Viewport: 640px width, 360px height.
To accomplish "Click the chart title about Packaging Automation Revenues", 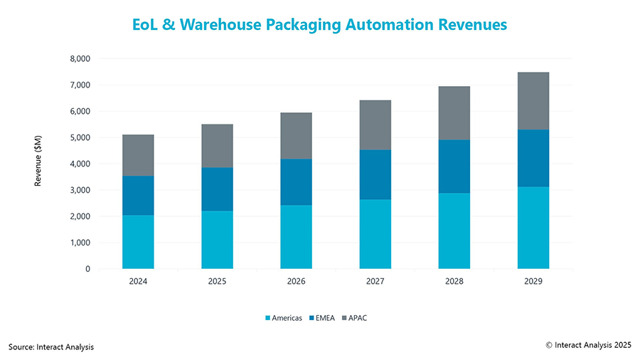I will tap(319, 24).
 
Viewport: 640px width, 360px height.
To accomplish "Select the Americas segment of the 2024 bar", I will tap(138, 242).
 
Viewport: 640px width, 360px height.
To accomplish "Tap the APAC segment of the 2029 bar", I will tap(533, 101).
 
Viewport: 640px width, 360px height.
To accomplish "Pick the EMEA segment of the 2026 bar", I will tap(296, 182).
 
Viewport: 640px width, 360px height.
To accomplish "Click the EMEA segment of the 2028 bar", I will tap(454, 166).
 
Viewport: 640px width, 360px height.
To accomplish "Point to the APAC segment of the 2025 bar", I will tap(217, 146).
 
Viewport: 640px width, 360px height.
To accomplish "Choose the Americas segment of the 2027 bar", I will tap(375, 234).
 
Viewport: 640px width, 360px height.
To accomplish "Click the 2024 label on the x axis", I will tap(138, 282).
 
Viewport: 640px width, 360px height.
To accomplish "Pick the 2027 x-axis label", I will tap(375, 282).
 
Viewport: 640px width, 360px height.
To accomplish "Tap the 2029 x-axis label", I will tap(533, 282).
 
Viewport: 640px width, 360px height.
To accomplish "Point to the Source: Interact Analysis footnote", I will tap(51, 346).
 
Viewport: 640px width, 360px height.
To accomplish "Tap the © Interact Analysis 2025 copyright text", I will tap(588, 344).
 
